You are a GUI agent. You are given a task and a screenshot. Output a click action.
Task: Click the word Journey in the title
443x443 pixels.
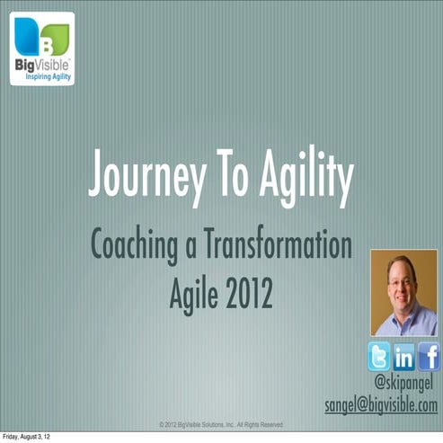tap(143, 176)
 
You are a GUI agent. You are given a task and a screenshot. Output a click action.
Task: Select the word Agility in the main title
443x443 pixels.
tap(297, 176)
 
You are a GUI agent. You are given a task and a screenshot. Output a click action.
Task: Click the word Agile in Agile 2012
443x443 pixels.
tap(192, 293)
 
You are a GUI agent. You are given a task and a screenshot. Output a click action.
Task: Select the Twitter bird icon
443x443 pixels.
tap(378, 357)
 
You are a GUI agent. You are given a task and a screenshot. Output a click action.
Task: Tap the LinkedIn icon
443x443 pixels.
tap(403, 357)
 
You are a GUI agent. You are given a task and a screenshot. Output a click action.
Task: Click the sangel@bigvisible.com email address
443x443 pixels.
tap(382, 405)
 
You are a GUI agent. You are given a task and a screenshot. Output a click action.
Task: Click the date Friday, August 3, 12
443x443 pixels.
tap(31, 438)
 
